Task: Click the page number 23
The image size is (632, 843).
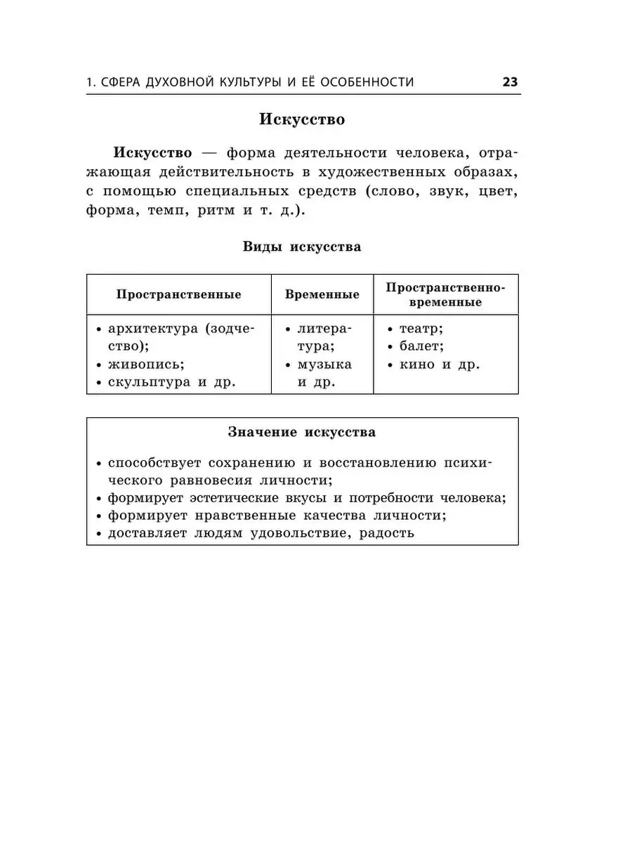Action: click(510, 82)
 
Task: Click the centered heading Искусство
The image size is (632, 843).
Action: click(302, 119)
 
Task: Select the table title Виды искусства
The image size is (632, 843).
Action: click(302, 247)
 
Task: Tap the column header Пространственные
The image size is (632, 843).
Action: click(178, 294)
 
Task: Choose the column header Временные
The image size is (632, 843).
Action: click(322, 294)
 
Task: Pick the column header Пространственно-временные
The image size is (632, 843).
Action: click(446, 294)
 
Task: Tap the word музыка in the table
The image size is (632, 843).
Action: click(324, 365)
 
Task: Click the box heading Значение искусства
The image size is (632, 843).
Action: click(302, 432)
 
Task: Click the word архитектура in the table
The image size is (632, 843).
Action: click(153, 329)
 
